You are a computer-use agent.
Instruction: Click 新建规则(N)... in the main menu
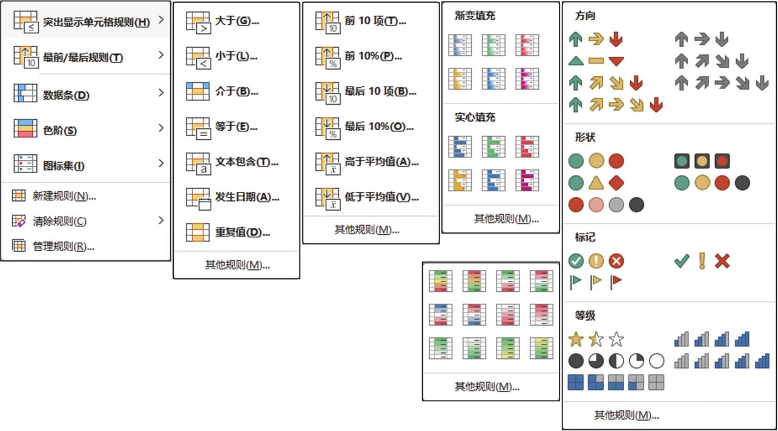tap(64, 196)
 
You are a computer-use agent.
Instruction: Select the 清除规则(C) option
tap(59, 221)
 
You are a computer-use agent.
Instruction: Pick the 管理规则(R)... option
tap(64, 246)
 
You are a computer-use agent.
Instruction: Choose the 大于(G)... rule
tap(237, 21)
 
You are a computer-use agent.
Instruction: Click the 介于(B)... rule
tap(237, 91)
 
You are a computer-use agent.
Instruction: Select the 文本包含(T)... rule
tap(246, 162)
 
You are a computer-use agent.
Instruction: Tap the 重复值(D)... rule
tap(242, 232)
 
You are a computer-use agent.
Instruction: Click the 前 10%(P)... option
tap(374, 56)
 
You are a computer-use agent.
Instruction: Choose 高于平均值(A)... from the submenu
tap(381, 162)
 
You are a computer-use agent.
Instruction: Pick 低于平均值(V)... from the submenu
tap(381, 197)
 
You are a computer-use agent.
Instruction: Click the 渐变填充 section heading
tap(475, 16)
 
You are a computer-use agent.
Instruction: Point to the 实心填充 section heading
tap(475, 117)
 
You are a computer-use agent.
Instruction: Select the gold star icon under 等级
tap(576, 340)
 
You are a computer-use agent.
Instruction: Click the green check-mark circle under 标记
tap(576, 261)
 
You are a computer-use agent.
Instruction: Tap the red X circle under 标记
tap(616, 261)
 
